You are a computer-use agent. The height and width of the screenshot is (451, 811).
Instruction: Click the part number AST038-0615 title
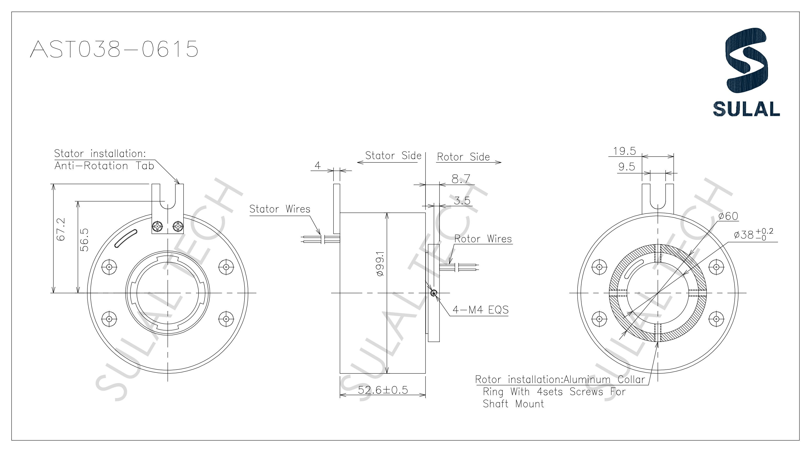click(114, 49)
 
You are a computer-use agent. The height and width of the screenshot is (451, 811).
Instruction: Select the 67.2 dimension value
click(61, 229)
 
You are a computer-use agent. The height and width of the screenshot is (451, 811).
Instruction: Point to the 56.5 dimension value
click(84, 240)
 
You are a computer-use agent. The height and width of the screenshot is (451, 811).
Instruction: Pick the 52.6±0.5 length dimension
click(383, 390)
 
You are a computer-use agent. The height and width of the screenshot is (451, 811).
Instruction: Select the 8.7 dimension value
click(461, 179)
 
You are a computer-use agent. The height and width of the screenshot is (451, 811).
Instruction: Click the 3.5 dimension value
click(462, 201)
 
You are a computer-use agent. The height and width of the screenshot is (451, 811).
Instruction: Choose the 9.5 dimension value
click(627, 167)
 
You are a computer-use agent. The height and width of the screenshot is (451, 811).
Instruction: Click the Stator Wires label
click(280, 209)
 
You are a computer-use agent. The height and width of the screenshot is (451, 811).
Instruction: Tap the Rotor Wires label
click(483, 239)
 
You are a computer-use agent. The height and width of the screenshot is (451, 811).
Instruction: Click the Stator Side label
click(393, 155)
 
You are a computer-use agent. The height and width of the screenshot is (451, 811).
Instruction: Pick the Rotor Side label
click(463, 157)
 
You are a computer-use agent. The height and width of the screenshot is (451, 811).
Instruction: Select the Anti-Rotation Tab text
click(104, 166)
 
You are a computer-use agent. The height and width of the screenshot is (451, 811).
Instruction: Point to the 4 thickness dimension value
click(317, 165)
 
